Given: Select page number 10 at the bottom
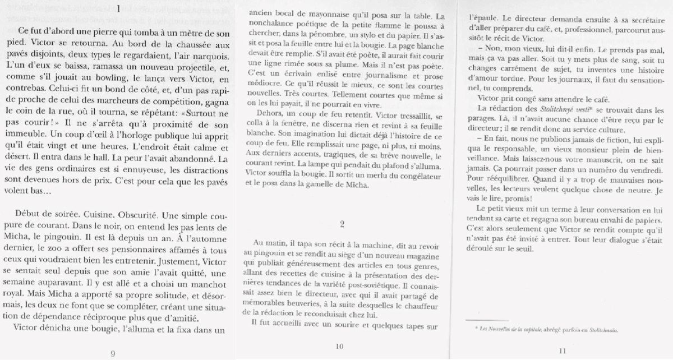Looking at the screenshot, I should point(339,347).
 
